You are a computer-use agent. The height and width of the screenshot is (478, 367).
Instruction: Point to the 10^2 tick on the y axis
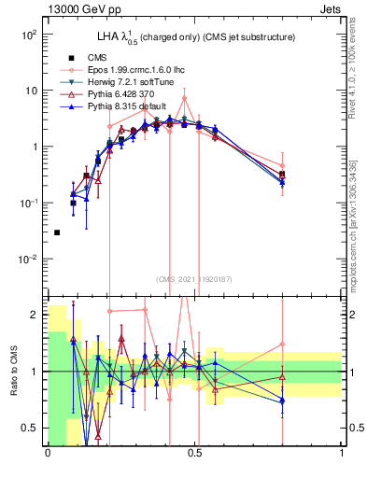pos(28,35)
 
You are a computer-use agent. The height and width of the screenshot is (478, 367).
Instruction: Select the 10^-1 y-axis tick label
pos(27,203)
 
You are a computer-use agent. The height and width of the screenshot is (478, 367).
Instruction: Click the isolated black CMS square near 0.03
pos(57,232)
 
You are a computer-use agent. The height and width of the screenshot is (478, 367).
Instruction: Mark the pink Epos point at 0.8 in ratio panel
pos(282,344)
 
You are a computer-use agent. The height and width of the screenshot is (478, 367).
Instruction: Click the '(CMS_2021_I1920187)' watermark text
pos(194,278)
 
